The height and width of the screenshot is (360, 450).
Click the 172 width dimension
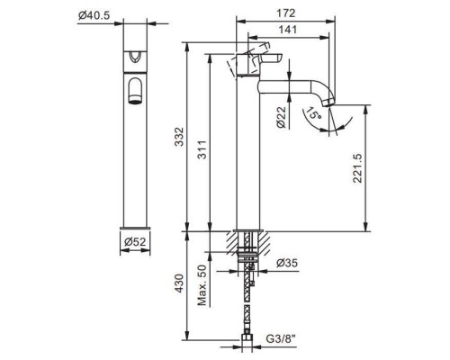[287, 13]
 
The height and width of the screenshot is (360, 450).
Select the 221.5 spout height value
[356, 167]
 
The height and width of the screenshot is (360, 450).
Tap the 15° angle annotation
[312, 114]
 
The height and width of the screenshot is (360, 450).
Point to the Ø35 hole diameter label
[287, 264]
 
